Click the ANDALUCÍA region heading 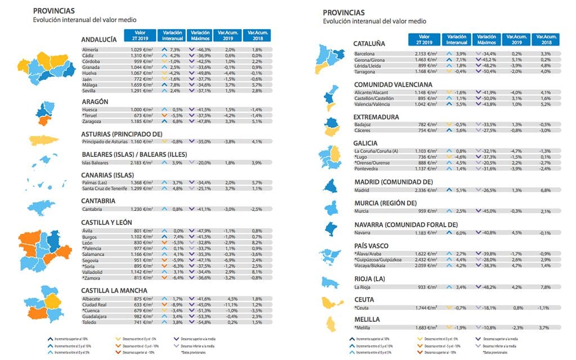(98, 39)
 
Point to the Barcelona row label (364, 53)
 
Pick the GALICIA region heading (365, 143)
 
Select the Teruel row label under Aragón (91, 115)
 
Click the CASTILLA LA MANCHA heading (114, 290)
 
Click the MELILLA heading (367, 319)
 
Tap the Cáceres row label (363, 130)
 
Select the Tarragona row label (364, 71)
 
